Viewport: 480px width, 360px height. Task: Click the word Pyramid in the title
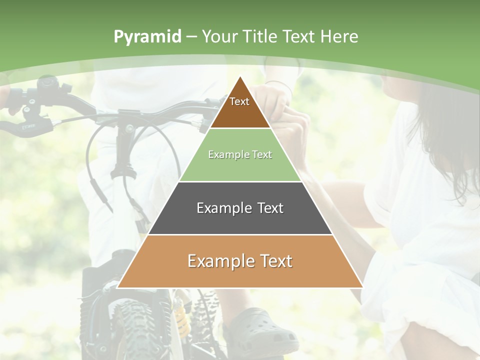click(x=147, y=37)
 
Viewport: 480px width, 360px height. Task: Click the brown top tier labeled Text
click(x=240, y=107)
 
